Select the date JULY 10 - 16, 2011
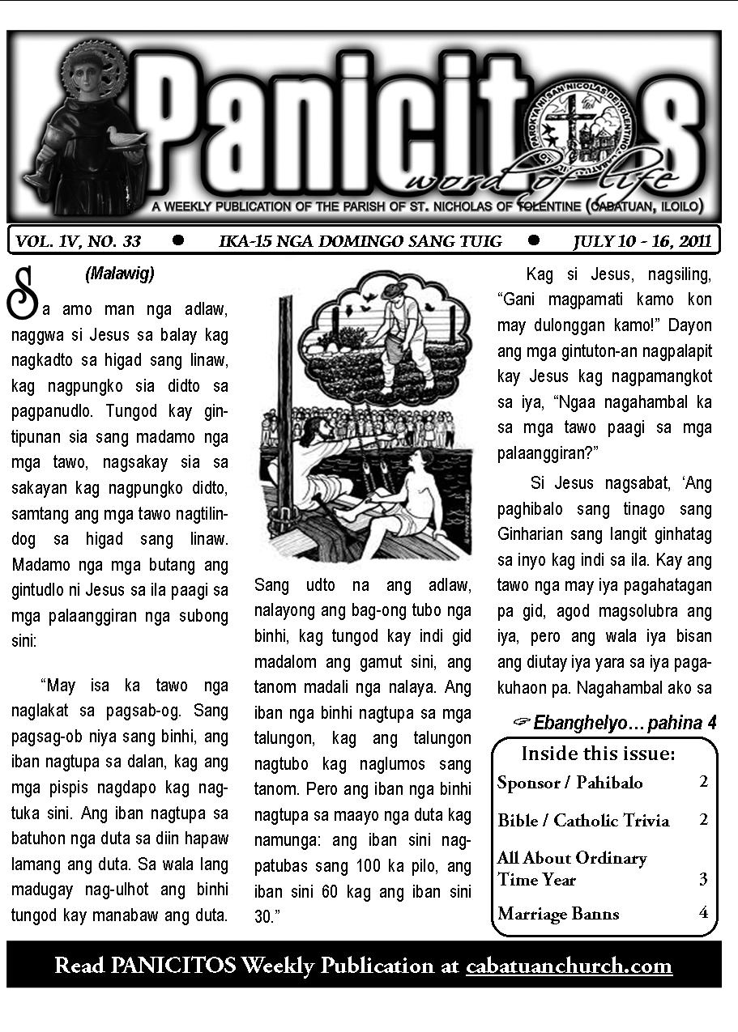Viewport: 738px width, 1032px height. pos(642,240)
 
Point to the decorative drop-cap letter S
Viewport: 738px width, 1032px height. pos(22,293)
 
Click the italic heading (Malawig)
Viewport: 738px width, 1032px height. pos(119,274)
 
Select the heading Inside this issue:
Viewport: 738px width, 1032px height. pos(598,754)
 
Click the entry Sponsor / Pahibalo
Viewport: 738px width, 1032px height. pos(569,782)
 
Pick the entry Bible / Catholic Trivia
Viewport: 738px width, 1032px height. pos(583,820)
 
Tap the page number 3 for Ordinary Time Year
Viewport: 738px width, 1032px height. pos(703,879)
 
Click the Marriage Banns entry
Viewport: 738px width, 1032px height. pos(558,914)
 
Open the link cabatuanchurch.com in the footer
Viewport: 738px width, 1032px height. pos(569,966)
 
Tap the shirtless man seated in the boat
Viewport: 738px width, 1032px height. pos(405,494)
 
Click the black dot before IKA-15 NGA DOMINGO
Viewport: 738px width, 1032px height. pos(178,240)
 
